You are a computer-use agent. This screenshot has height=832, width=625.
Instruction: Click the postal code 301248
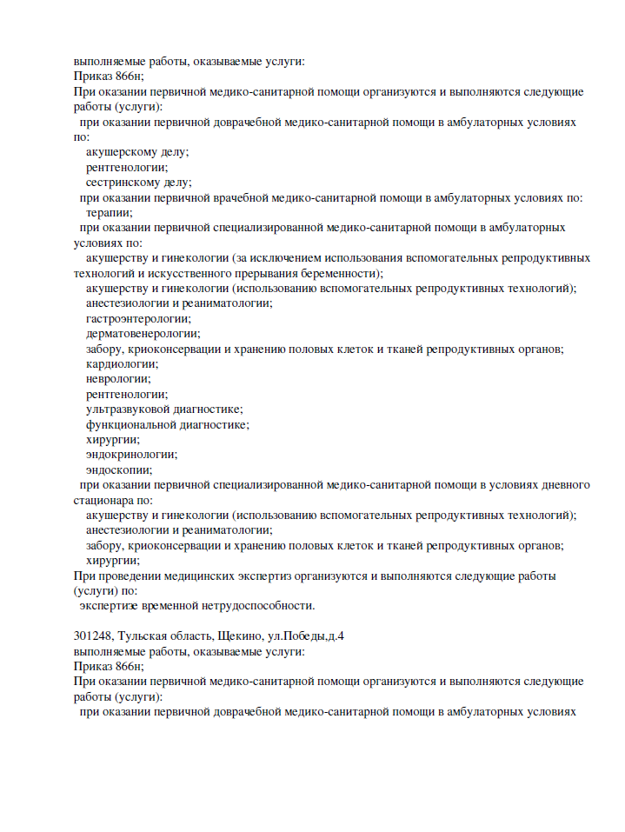tap(94, 636)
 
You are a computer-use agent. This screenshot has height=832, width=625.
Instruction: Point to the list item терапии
tap(109, 212)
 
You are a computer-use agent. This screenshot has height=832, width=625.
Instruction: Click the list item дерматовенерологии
tap(142, 333)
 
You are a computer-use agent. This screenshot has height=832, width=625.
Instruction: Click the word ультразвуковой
tap(130, 409)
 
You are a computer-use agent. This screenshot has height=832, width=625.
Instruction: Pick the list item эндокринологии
tap(130, 454)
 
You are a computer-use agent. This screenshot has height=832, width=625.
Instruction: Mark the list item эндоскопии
tap(119, 469)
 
